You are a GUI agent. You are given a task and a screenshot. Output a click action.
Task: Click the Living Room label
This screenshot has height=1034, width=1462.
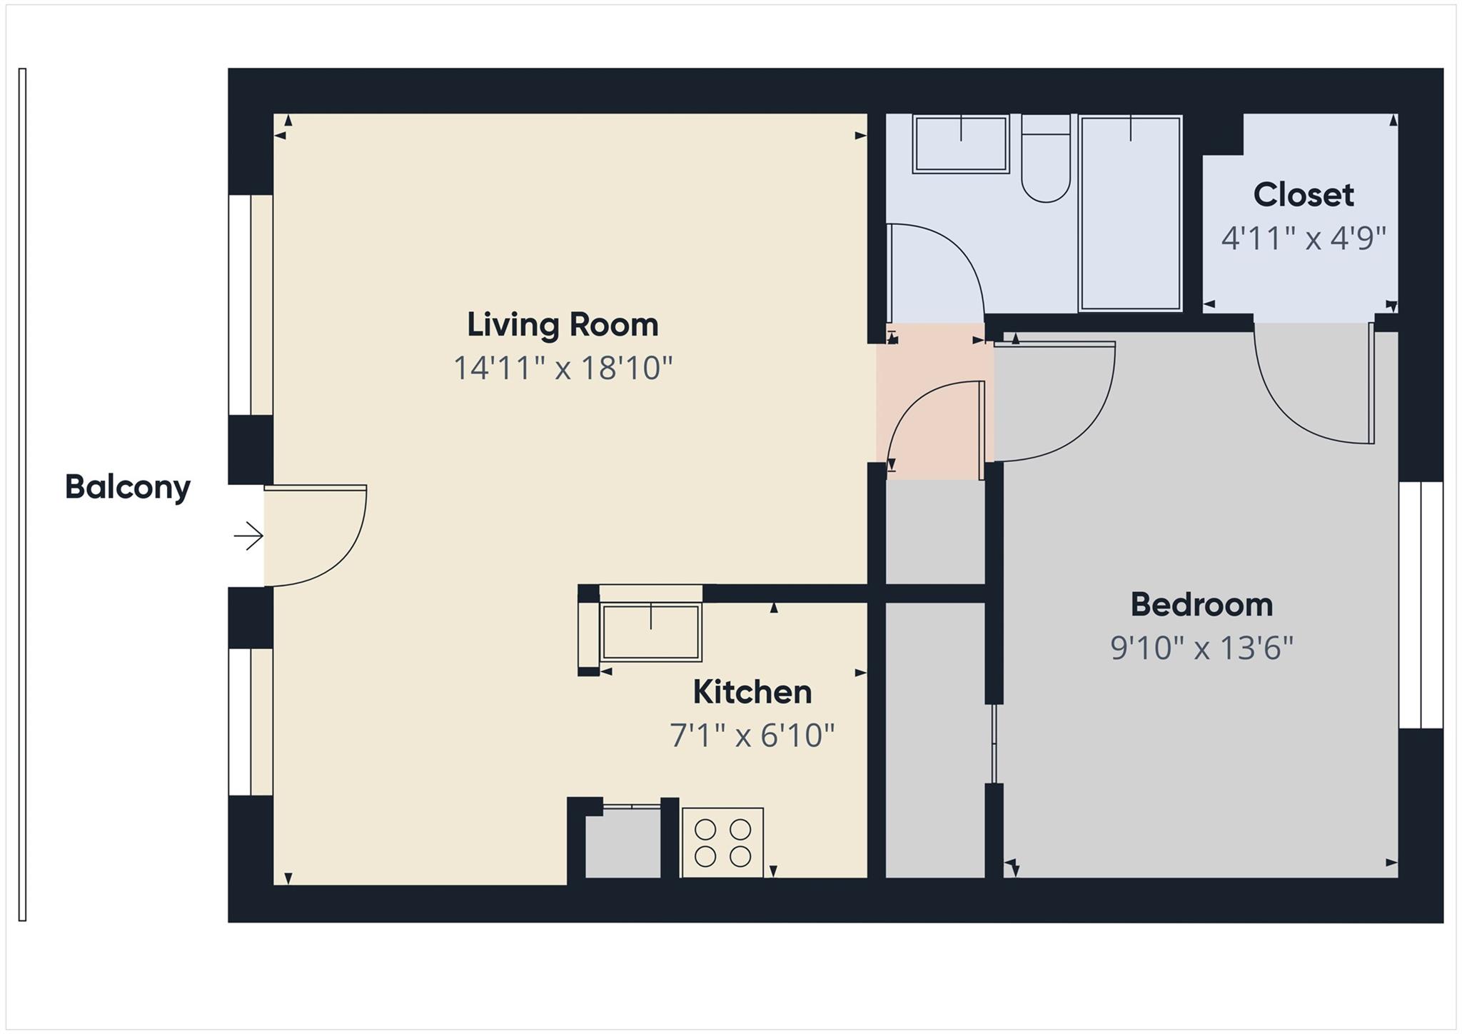pyautogui.click(x=563, y=325)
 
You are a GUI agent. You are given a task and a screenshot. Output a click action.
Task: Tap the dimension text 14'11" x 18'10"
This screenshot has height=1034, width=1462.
pyautogui.click(x=563, y=368)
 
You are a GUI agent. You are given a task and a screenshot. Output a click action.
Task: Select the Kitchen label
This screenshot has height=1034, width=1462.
pyautogui.click(x=752, y=692)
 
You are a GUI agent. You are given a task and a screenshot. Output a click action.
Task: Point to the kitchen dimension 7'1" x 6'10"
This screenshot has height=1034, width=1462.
pyautogui.click(x=752, y=735)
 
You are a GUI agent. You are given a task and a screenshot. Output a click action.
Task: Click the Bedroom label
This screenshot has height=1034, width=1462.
pyautogui.click(x=1201, y=605)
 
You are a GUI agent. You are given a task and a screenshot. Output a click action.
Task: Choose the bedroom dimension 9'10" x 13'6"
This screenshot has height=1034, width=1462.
pyautogui.click(x=1201, y=648)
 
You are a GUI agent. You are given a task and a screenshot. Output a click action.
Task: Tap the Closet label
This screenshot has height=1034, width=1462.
pyautogui.click(x=1303, y=195)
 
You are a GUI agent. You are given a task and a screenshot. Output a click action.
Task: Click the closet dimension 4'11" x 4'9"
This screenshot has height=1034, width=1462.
pyautogui.click(x=1303, y=238)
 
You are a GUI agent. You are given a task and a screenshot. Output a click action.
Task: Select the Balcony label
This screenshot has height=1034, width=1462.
pyautogui.click(x=128, y=487)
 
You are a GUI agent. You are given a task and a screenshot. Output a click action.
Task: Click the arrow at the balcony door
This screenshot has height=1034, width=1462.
pyautogui.click(x=248, y=536)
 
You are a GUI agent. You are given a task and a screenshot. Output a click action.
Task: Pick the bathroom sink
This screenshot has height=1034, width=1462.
pyautogui.click(x=960, y=144)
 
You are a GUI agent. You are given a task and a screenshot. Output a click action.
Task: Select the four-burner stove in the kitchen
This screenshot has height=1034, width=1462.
pyautogui.click(x=722, y=843)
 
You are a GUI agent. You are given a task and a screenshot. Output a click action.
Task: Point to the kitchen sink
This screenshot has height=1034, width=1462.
pyautogui.click(x=650, y=632)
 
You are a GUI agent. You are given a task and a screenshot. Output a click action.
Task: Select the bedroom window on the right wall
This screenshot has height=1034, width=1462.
pyautogui.click(x=1421, y=605)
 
